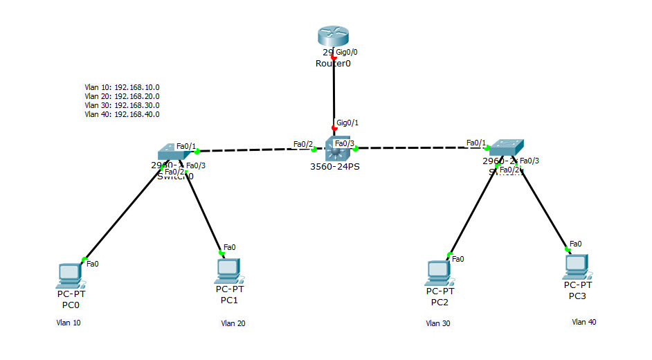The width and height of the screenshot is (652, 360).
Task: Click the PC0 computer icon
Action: (x=71, y=275)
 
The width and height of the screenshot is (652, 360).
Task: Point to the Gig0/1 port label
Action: (x=347, y=123)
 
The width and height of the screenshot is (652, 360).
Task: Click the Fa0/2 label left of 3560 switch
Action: (x=303, y=144)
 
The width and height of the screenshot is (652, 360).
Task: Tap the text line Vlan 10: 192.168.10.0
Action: (x=122, y=87)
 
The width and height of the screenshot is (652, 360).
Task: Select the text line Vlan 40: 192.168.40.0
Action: (x=122, y=114)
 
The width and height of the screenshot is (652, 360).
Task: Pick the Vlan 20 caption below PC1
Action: (x=233, y=323)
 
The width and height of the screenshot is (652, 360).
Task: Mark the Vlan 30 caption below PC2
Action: (x=437, y=323)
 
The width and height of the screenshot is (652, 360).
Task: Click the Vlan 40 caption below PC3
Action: (x=583, y=321)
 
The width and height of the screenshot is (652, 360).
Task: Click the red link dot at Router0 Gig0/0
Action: (x=334, y=57)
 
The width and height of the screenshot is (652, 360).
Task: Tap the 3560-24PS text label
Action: (x=335, y=167)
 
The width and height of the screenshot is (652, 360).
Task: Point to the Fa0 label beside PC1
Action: (x=229, y=247)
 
